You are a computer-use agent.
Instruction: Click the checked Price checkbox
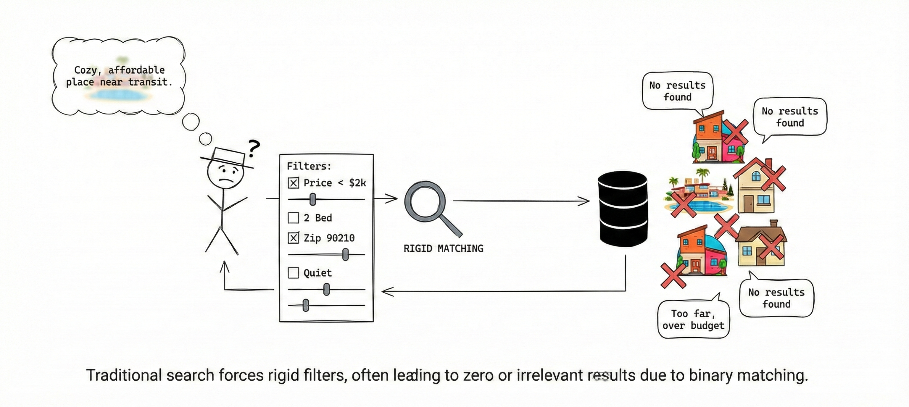293,183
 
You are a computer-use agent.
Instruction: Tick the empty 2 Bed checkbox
293,218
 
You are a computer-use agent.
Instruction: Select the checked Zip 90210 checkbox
293,238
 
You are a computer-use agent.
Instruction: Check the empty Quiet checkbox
293,273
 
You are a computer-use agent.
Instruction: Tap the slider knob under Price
313,199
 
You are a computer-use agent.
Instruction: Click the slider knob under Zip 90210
346,254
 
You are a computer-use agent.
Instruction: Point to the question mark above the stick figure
254,148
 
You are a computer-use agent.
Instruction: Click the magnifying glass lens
425,201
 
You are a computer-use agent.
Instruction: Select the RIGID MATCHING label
443,249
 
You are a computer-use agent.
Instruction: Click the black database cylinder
623,209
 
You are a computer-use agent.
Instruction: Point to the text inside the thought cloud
119,76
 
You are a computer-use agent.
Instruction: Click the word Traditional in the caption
124,375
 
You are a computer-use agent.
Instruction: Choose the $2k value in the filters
357,183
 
